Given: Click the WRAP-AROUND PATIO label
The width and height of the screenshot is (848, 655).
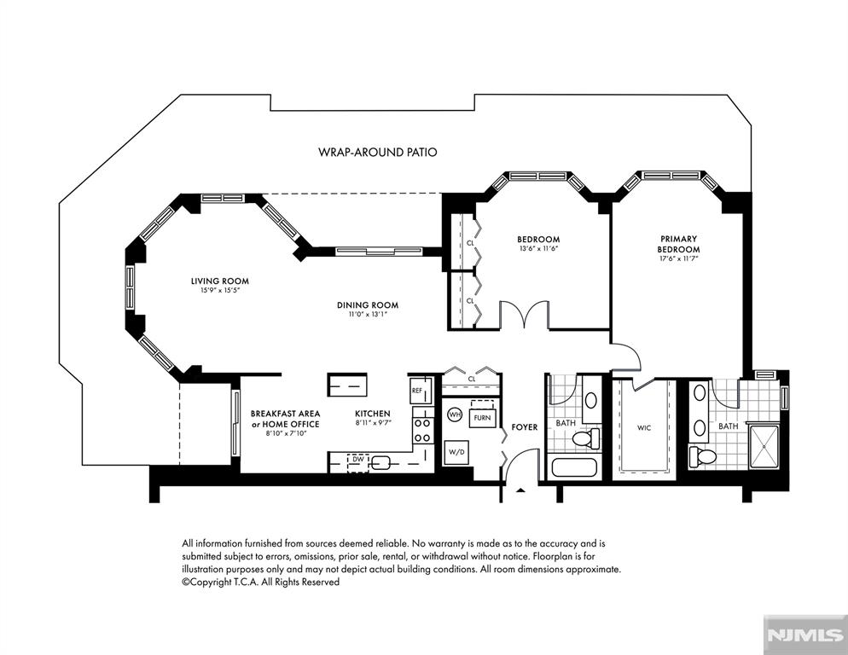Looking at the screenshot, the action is click(x=377, y=152).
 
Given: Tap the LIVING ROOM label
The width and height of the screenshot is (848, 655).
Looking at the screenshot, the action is click(x=219, y=281).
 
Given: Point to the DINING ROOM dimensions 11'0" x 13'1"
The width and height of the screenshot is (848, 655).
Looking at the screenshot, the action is click(x=368, y=314).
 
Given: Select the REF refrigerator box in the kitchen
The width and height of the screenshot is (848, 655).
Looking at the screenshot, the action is click(x=421, y=390).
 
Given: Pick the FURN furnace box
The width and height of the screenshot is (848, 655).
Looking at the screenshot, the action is click(x=482, y=417).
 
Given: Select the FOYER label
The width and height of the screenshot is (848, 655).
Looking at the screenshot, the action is click(x=524, y=426).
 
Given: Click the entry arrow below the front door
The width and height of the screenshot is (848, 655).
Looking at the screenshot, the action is click(x=520, y=490).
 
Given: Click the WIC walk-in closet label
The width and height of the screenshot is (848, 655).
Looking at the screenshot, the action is click(x=643, y=428).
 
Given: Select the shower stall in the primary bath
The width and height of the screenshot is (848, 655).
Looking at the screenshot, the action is click(x=764, y=446).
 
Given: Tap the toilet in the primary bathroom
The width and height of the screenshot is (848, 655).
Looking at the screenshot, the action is click(x=703, y=455).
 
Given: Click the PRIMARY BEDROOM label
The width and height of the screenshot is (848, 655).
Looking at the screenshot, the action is click(x=679, y=244).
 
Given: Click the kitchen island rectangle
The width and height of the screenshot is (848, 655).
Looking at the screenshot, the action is click(x=348, y=385).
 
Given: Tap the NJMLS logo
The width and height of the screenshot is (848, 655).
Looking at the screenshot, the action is click(x=805, y=635).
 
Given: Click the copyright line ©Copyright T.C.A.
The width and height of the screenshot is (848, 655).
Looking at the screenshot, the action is click(x=261, y=583).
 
